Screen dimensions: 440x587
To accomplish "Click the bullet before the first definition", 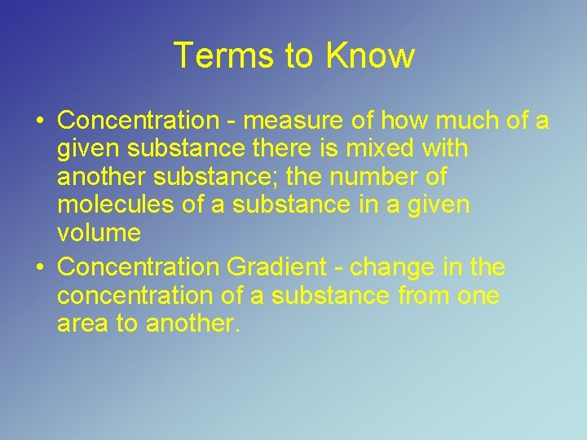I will [40, 121].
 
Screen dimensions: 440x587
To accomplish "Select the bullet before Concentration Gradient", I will [40, 267].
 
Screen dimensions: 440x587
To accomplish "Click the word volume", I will [99, 233].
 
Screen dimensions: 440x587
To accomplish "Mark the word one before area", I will [478, 295].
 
